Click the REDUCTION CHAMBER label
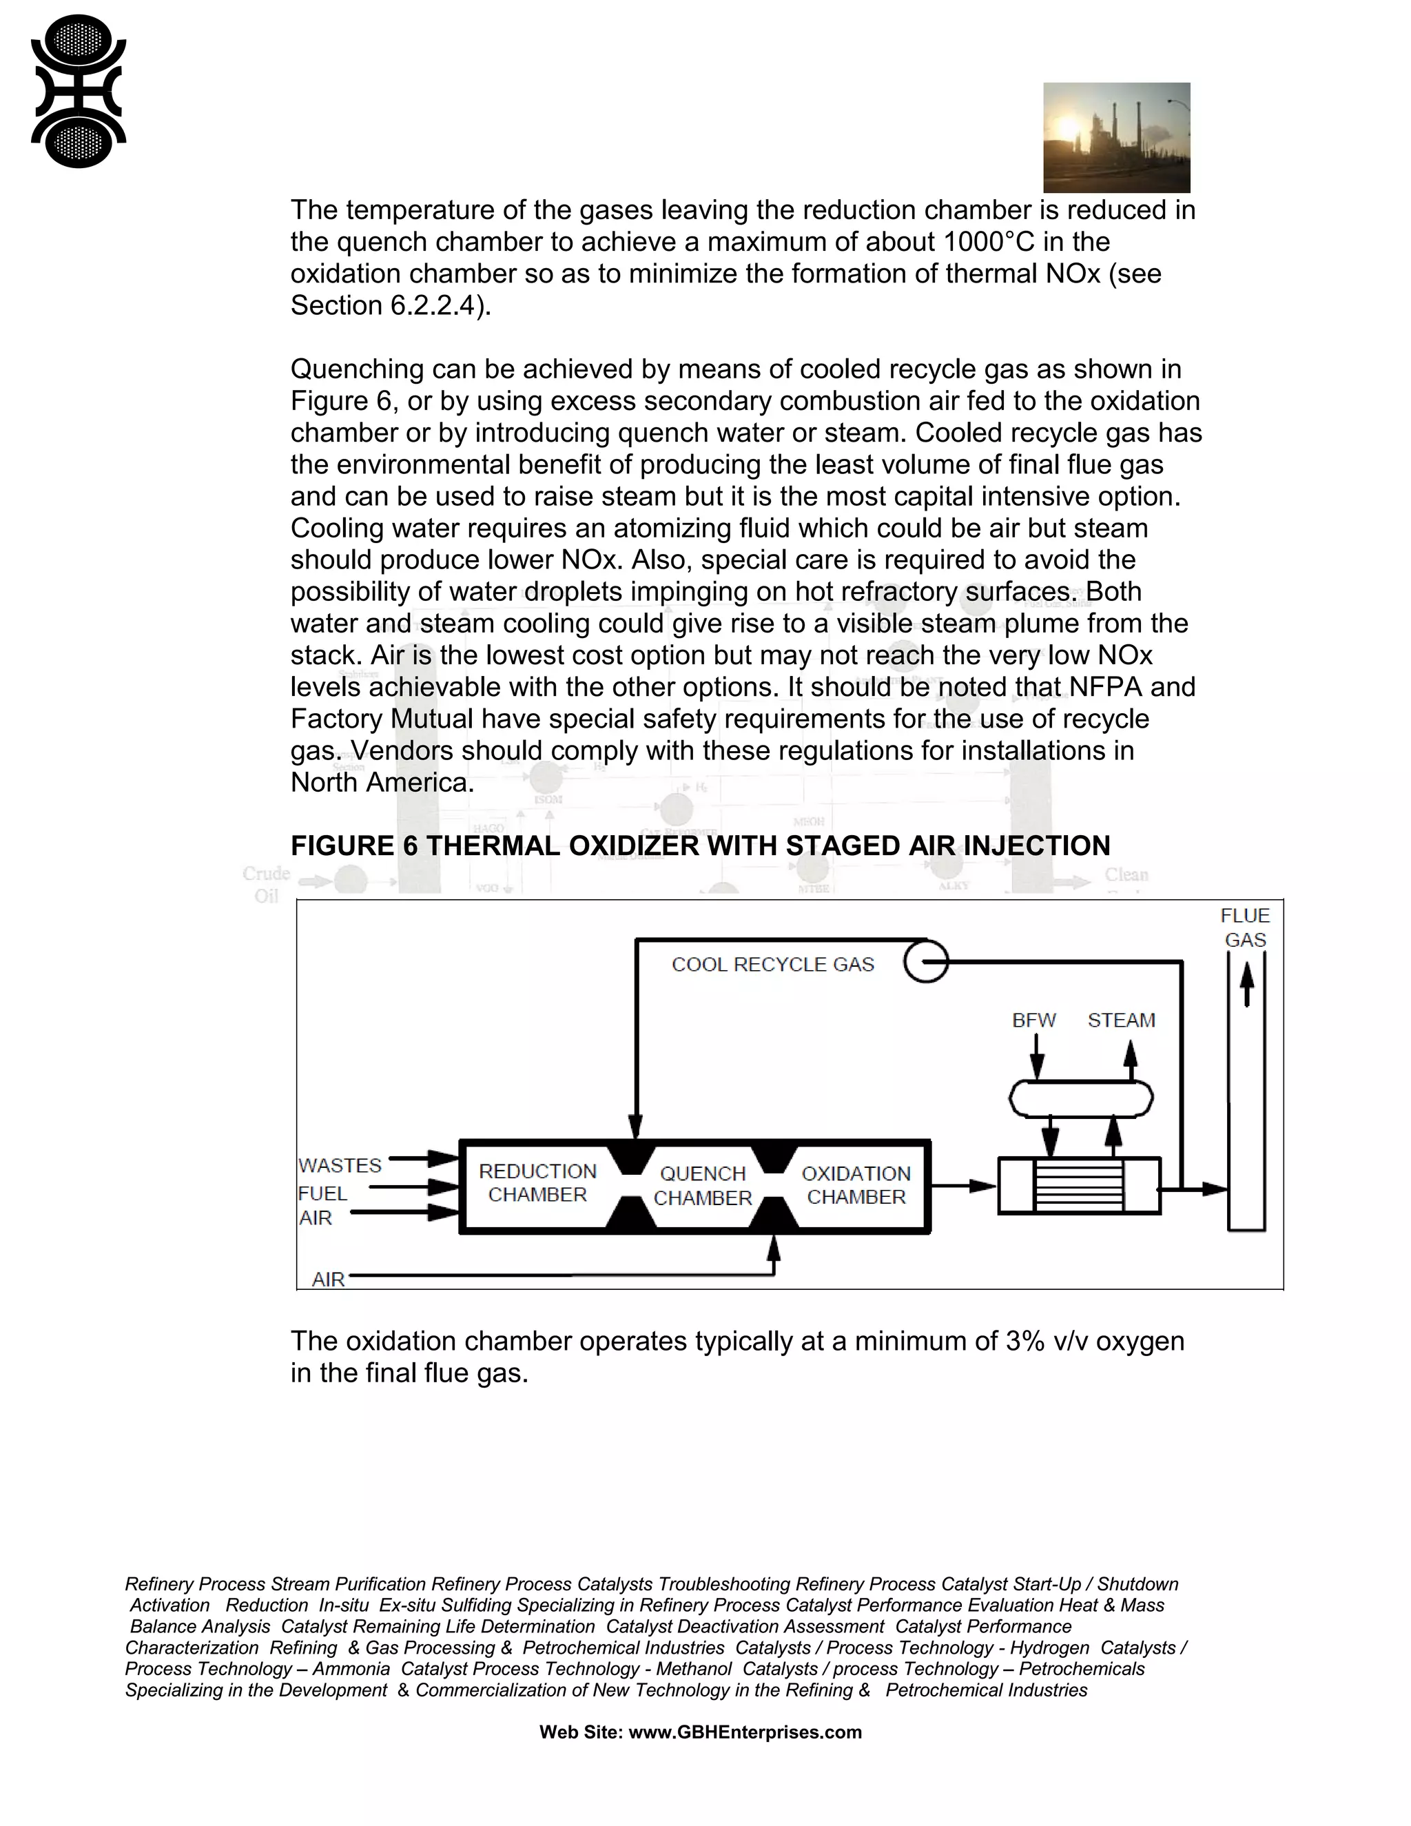tap(537, 1183)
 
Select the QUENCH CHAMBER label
tap(702, 1186)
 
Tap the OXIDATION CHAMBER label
tap(856, 1184)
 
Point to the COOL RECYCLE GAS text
tap(772, 964)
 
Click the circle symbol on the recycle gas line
tap(925, 961)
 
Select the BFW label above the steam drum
tap(1034, 1020)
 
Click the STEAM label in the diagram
tap(1121, 1020)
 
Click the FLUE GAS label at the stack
tap(1245, 927)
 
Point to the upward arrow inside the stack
tap(1246, 984)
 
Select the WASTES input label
tap(340, 1165)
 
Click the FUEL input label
tap(322, 1193)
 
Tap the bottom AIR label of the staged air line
tap(328, 1279)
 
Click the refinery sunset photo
tap(1116, 137)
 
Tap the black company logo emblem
tap(78, 92)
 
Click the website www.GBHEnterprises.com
tap(744, 1732)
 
